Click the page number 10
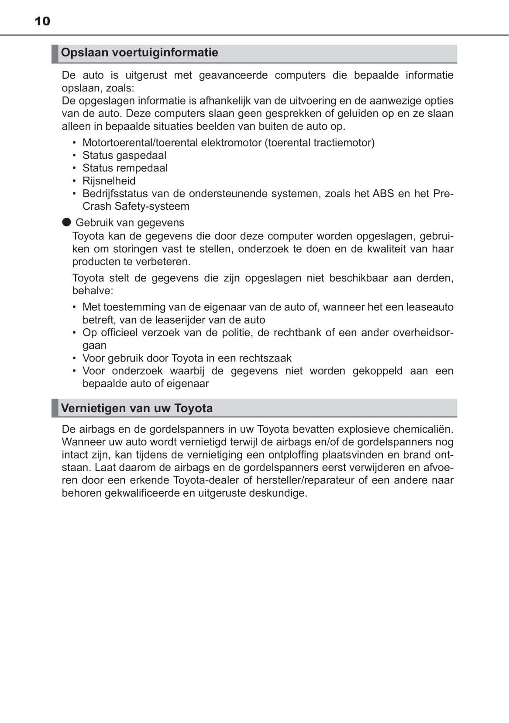[x=42, y=21]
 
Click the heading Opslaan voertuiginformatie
[x=139, y=52]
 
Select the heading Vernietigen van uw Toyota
[x=137, y=408]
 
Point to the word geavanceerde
[x=233, y=75]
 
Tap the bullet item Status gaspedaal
[x=124, y=155]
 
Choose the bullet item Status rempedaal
[x=125, y=168]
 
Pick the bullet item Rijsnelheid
[x=109, y=181]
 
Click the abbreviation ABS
[x=383, y=193]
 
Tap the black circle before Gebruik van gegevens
[x=66, y=222]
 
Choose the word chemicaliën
[x=423, y=429]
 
